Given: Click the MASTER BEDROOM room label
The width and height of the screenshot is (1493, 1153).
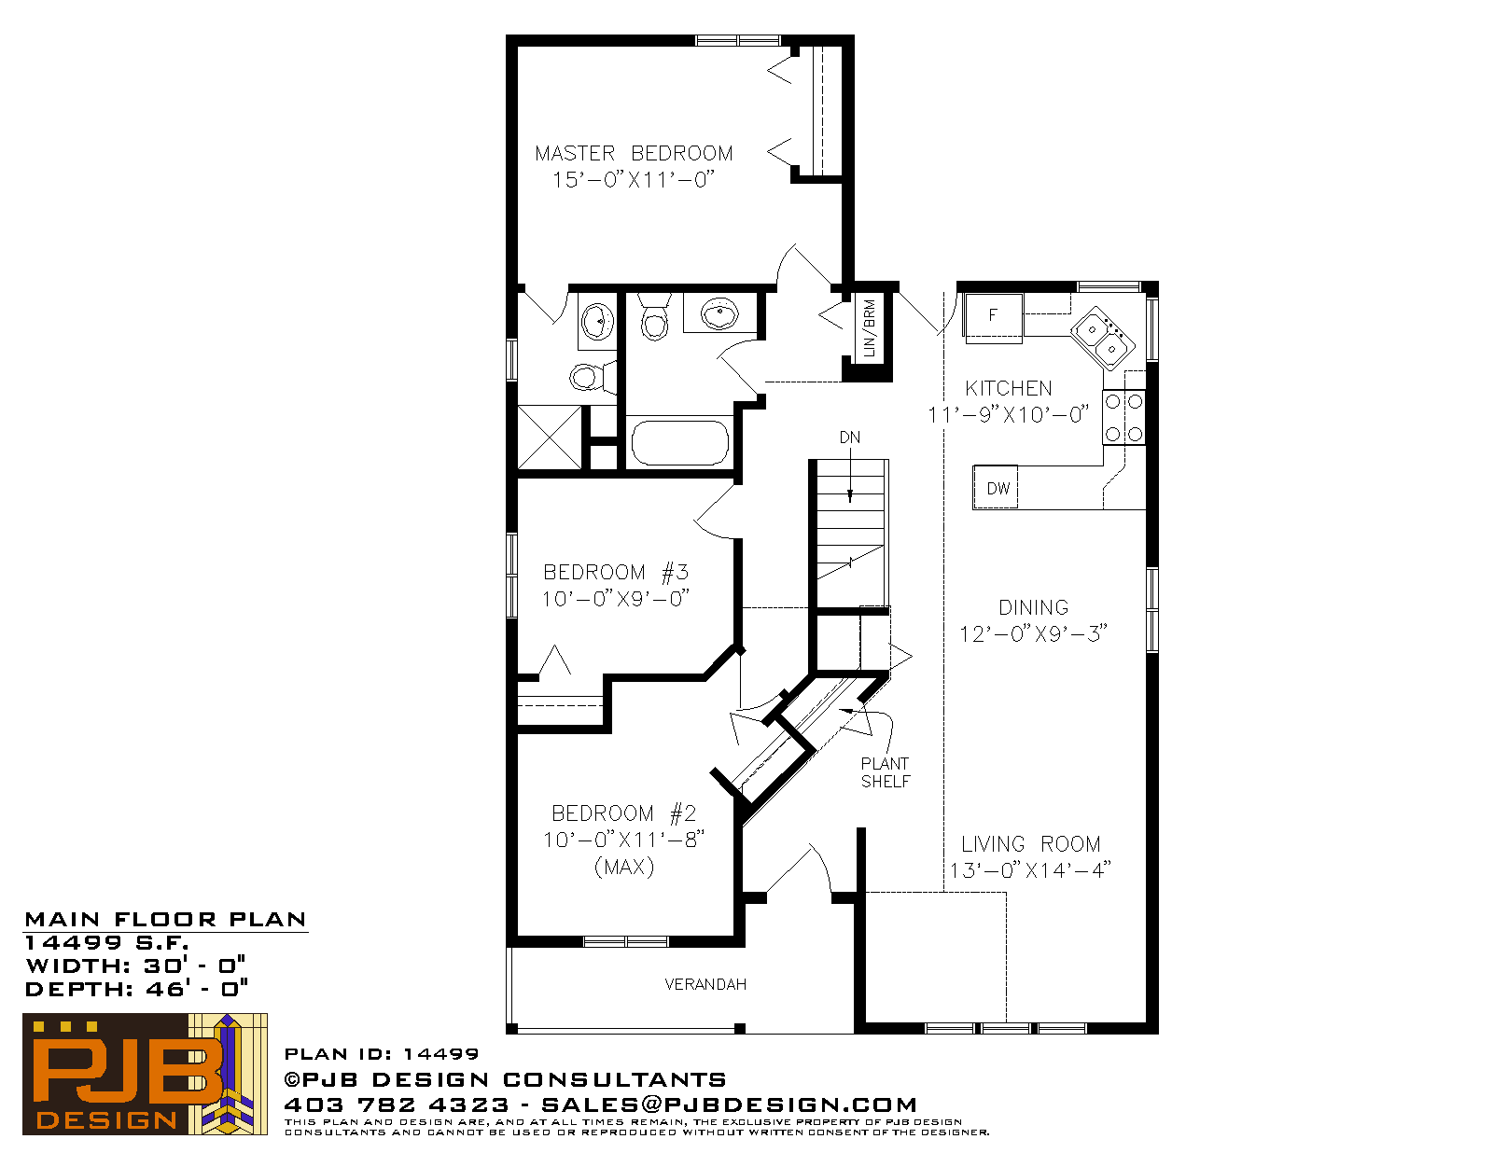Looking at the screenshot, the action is pyautogui.click(x=634, y=153).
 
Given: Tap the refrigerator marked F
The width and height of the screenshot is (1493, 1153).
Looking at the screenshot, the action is pyautogui.click(x=993, y=315).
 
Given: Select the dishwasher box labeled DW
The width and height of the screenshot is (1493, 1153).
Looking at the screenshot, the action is pyautogui.click(x=996, y=488).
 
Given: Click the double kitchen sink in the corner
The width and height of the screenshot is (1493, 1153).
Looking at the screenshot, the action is pyautogui.click(x=1102, y=339).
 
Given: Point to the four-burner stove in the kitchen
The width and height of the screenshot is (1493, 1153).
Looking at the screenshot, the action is pyautogui.click(x=1123, y=418).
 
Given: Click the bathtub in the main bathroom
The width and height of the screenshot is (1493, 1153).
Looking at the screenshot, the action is pyautogui.click(x=679, y=443).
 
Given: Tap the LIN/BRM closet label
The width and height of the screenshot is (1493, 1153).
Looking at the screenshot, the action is pyautogui.click(x=869, y=328).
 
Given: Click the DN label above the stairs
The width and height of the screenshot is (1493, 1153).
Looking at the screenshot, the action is pyautogui.click(x=849, y=438).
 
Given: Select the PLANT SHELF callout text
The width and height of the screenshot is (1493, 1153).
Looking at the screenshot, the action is pyautogui.click(x=885, y=772).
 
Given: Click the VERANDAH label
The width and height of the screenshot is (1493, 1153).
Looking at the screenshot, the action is pyautogui.click(x=705, y=984).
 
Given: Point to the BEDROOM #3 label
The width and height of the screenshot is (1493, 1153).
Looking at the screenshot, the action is pyautogui.click(x=616, y=572).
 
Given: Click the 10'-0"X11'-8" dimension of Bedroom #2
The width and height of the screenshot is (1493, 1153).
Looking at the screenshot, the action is pyautogui.click(x=624, y=840).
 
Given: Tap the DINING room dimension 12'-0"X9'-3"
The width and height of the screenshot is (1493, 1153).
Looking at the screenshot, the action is pyautogui.click(x=1033, y=633).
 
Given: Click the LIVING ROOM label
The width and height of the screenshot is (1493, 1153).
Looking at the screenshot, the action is pyautogui.click(x=1030, y=843).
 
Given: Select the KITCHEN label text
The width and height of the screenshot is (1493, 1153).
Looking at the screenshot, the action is pyautogui.click(x=1008, y=388).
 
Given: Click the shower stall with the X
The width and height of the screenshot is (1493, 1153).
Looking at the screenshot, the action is pyautogui.click(x=549, y=438).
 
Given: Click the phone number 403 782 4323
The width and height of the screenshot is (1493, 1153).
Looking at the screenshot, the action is pyautogui.click(x=397, y=1104).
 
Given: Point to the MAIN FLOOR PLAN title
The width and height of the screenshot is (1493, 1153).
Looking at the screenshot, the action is pyautogui.click(x=165, y=920).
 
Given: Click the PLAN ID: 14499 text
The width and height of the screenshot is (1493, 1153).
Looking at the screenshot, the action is pyautogui.click(x=382, y=1054).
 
